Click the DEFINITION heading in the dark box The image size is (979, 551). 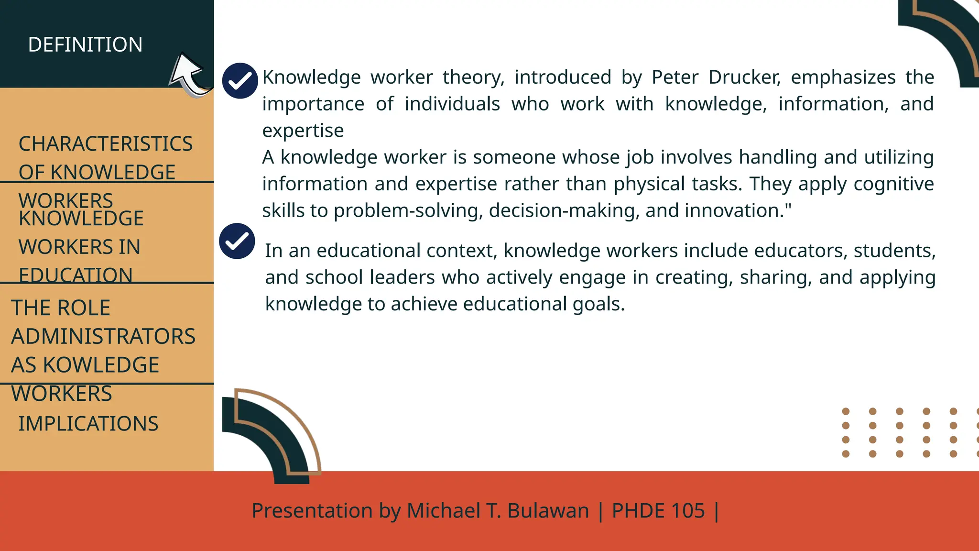click(85, 44)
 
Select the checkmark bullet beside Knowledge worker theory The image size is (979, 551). click(240, 80)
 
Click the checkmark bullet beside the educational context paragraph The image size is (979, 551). click(237, 241)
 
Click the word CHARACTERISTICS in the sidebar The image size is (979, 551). click(105, 143)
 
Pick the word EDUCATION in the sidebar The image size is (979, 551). click(76, 275)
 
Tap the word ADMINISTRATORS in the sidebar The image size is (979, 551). click(103, 336)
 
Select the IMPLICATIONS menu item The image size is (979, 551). click(88, 424)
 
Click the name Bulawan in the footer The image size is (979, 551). click(548, 511)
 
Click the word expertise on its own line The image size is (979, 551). click(303, 131)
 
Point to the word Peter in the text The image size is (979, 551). click(674, 77)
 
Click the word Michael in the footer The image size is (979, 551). click(443, 511)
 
